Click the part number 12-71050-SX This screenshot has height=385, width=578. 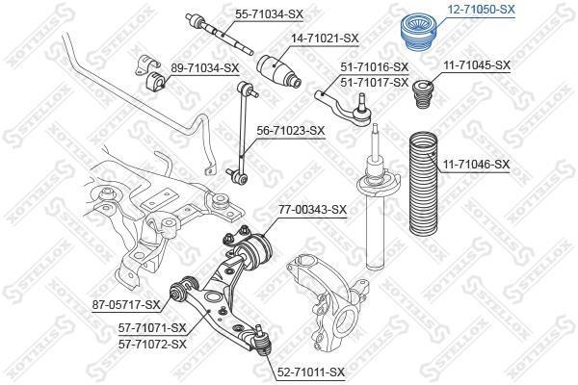click(x=481, y=10)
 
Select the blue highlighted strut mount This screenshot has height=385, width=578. click(x=418, y=33)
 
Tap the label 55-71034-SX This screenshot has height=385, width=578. click(x=269, y=14)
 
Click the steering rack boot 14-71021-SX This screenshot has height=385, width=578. click(x=278, y=71)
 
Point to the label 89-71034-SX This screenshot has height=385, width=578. click(x=204, y=67)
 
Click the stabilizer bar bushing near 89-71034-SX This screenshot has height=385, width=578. click(x=155, y=84)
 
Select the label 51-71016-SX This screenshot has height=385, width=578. click(x=375, y=67)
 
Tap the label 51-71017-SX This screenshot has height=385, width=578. click(x=375, y=82)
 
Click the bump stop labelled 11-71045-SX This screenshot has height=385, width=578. click(x=423, y=93)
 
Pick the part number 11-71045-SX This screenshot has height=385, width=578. click(x=477, y=65)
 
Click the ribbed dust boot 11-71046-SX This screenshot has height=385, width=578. click(x=423, y=183)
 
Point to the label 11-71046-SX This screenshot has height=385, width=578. click(x=476, y=164)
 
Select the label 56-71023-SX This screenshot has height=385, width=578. click(x=291, y=131)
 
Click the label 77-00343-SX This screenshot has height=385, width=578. click(x=312, y=210)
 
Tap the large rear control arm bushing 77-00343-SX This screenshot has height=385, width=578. click(x=254, y=251)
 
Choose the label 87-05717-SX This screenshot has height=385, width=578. click(x=126, y=305)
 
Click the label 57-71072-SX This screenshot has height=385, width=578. click(x=152, y=345)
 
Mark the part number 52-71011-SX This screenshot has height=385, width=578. click(x=310, y=372)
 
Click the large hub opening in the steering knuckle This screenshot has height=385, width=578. click(x=346, y=320)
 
